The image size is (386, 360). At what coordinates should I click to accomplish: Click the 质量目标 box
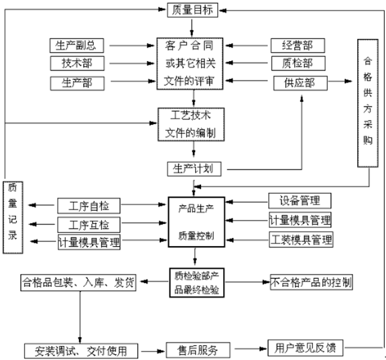(192, 10)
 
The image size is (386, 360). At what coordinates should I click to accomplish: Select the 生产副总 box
(76, 46)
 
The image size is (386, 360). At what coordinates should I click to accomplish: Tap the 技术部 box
(77, 63)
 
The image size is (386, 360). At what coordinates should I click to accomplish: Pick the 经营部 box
(298, 46)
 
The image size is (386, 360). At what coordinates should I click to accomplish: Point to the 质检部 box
(298, 63)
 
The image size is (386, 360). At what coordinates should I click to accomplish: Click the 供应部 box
(300, 83)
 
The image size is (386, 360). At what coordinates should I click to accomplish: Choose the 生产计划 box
(194, 169)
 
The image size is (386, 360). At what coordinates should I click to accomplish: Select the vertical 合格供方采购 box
(368, 103)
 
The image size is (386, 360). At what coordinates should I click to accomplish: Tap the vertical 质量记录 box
(13, 217)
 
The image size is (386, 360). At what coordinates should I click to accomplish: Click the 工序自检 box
(89, 206)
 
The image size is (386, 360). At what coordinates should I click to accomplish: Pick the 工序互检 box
(89, 225)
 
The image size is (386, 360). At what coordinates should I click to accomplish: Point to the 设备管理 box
(300, 200)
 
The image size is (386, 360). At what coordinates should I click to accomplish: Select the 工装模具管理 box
(301, 239)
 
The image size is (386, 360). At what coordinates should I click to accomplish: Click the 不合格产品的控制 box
(311, 282)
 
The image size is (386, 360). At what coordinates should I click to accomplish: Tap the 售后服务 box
(198, 350)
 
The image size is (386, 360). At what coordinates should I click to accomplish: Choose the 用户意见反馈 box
(306, 348)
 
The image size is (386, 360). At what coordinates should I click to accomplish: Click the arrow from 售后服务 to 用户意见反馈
(251, 349)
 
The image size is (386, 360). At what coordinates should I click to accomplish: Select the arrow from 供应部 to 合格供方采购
(340, 81)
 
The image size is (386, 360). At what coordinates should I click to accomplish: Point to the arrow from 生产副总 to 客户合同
(132, 46)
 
